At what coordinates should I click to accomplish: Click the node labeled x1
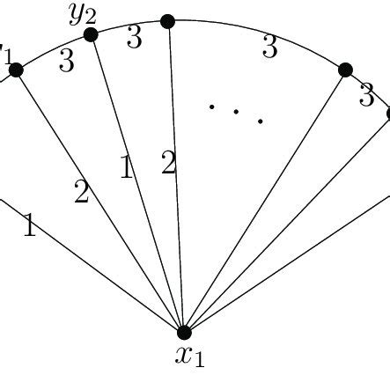pos(184,332)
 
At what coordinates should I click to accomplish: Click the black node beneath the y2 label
pos(90,34)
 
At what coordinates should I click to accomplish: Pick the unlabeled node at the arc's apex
pos(168,20)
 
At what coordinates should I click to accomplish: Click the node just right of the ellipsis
pos(345,70)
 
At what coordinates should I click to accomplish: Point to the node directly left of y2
pos(16,70)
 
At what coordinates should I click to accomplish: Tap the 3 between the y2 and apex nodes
pos(134,38)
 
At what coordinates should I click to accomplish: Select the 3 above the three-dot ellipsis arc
pos(270,47)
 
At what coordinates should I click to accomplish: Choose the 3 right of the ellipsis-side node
pos(366,96)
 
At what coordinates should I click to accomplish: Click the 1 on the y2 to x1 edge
pos(127,167)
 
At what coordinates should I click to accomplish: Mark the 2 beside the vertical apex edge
pos(169,163)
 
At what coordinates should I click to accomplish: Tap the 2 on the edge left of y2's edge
pos(82,192)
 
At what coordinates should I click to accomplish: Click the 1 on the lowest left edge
pos(29,228)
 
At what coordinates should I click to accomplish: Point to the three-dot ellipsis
pos(236,113)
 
